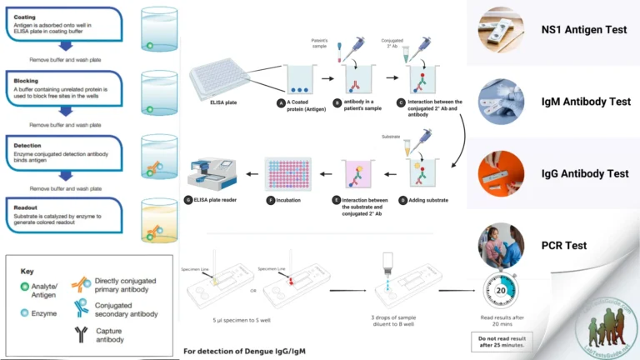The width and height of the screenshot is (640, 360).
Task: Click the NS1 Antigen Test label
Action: click(583, 30)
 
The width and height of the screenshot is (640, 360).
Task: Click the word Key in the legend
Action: click(28, 272)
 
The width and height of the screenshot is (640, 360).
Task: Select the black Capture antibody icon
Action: click(82, 332)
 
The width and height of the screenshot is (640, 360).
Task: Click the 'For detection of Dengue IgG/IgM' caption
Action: click(245, 351)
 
